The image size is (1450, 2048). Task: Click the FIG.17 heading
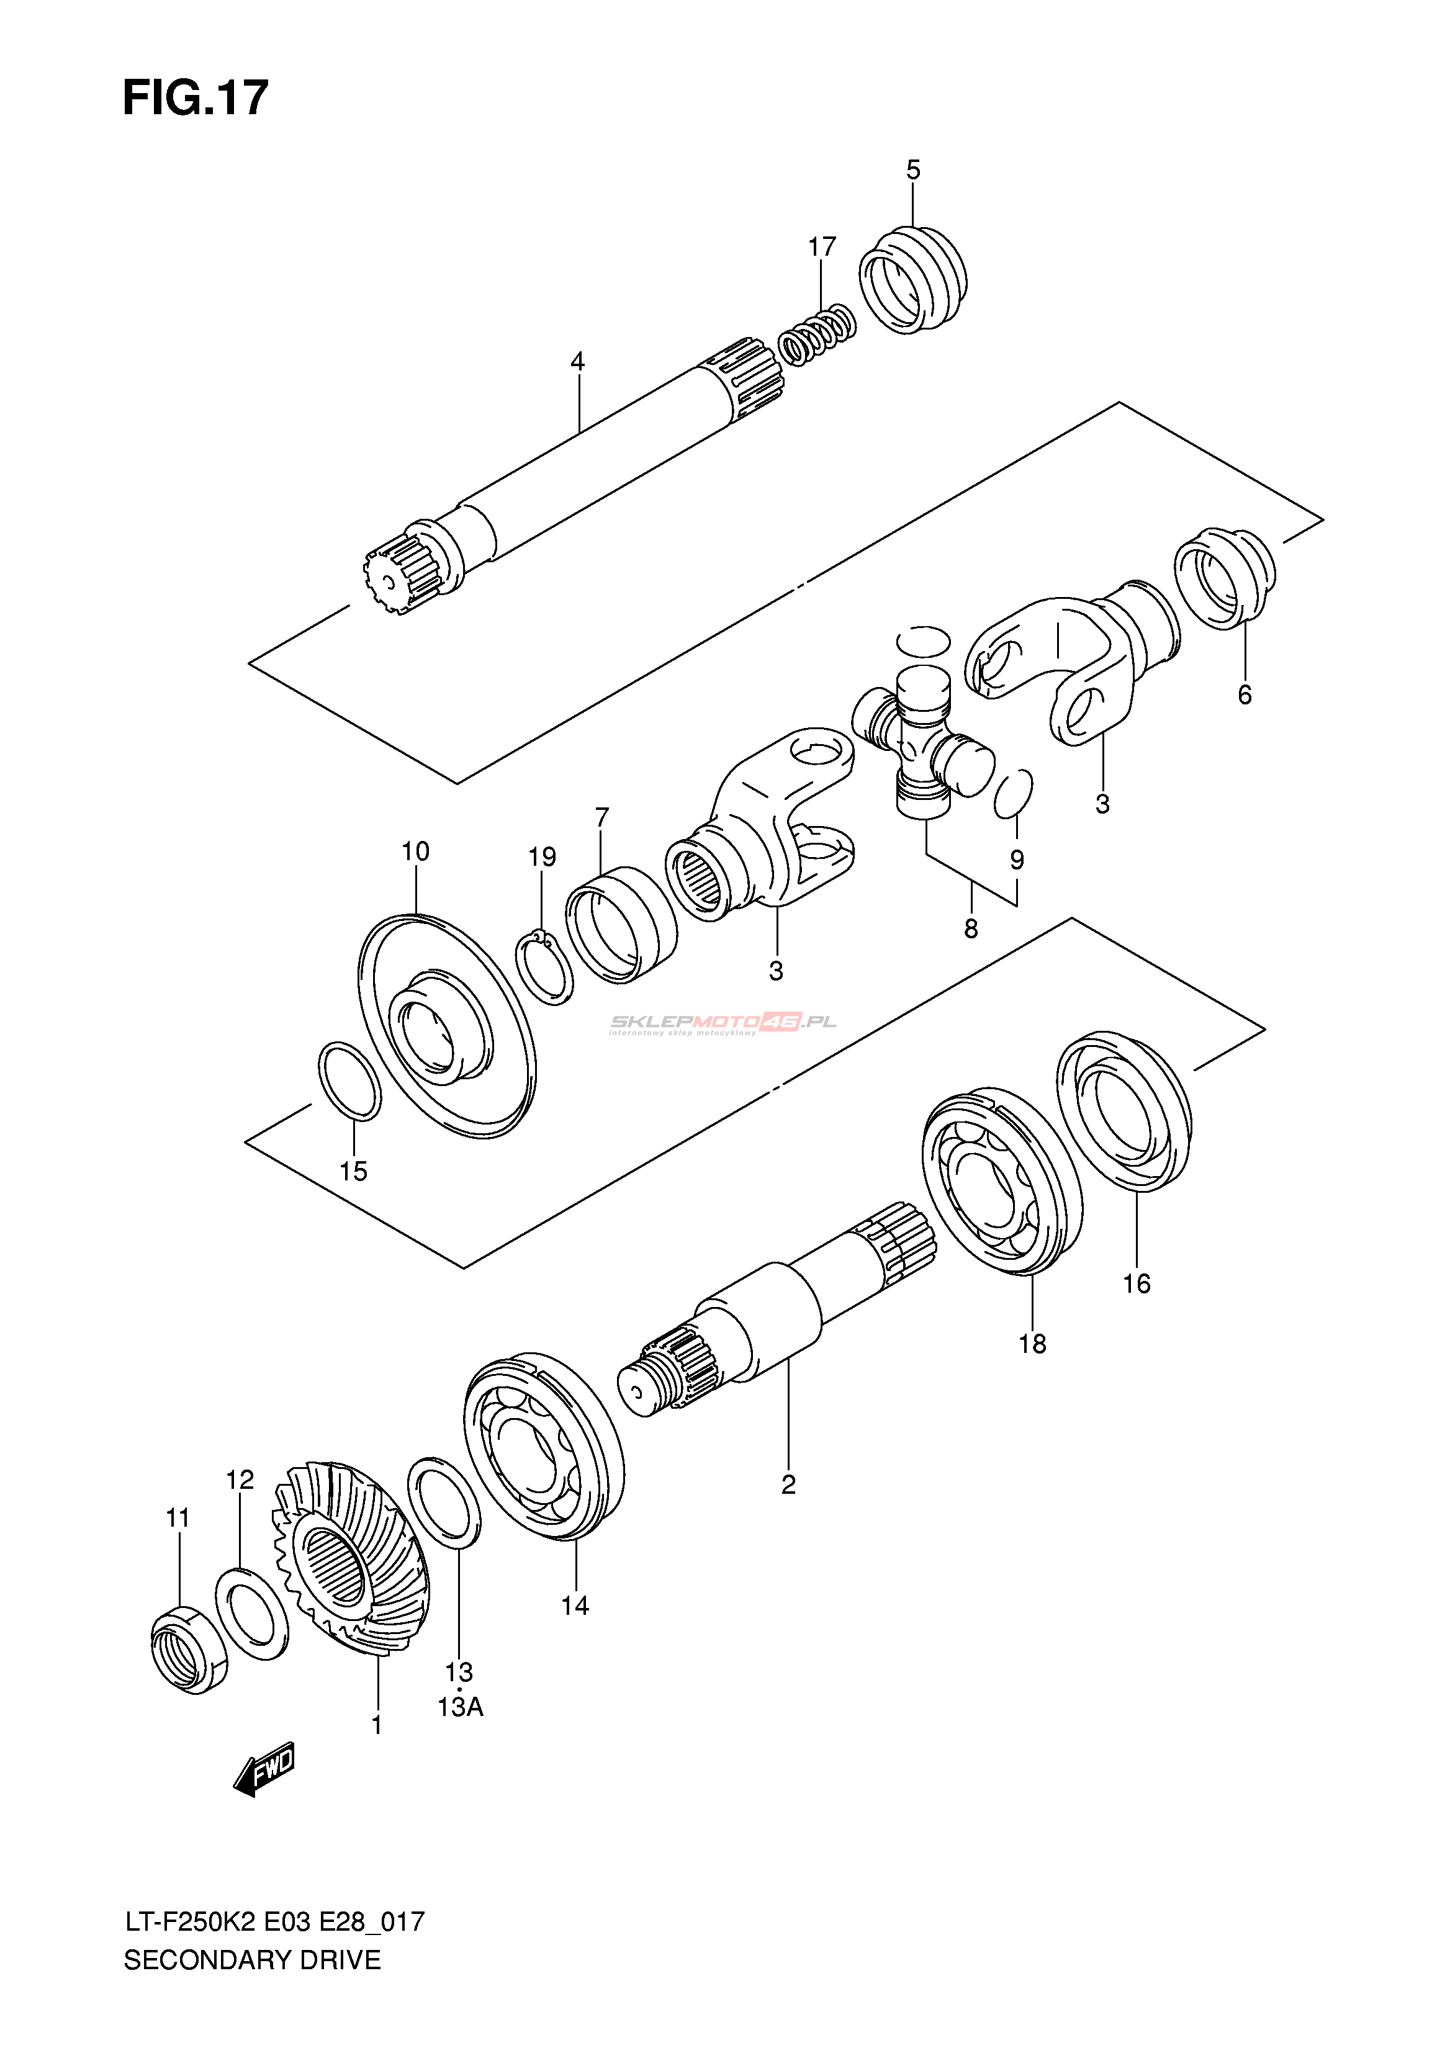pos(196,98)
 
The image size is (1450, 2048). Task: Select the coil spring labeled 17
pos(817,334)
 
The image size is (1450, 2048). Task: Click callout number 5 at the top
pos(912,169)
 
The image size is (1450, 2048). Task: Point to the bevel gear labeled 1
pos(351,1558)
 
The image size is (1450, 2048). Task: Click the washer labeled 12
pos(252,1612)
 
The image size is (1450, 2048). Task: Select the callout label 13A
pos(460,1707)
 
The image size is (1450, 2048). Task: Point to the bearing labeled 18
pos(1002,1179)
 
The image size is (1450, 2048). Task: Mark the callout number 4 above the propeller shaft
pos(578,362)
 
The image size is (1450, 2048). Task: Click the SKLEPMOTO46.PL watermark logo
pos(723,1023)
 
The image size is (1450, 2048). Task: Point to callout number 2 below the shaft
pos(788,1484)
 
